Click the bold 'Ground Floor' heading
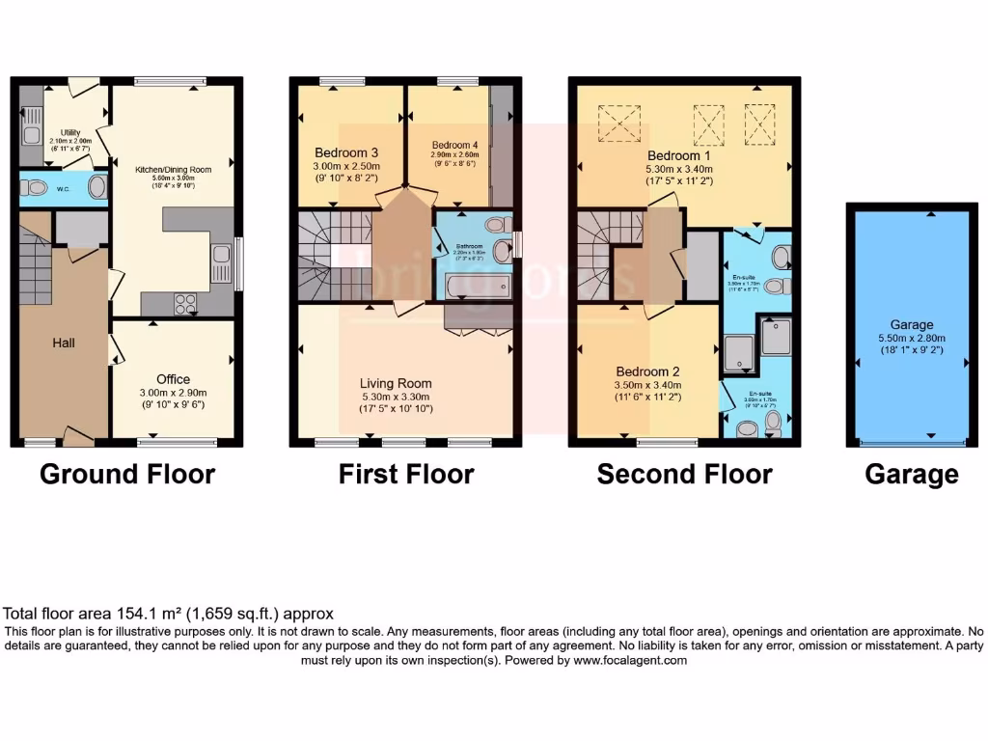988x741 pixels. pos(126,475)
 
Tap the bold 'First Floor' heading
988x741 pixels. pos(406,475)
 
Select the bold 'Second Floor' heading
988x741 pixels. pos(684,475)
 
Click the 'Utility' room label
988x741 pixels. pos(70,132)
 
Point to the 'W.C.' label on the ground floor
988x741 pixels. pos(62,187)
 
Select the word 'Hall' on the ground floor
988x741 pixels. pos(64,343)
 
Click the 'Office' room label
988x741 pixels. pos(174,379)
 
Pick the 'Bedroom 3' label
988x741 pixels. pos(346,152)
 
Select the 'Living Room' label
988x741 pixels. pos(397,383)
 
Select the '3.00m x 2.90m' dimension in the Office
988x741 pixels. pos(174,393)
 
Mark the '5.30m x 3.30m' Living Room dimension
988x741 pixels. pos(397,396)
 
